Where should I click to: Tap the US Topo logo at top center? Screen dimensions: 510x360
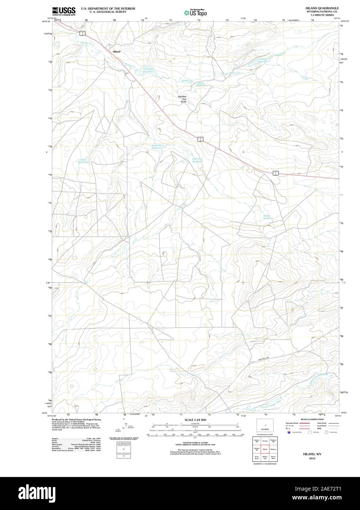(195, 12)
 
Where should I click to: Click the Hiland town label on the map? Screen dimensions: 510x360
(116, 52)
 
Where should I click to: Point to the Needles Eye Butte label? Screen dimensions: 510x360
(182, 99)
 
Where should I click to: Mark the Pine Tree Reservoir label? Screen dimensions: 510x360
(197, 160)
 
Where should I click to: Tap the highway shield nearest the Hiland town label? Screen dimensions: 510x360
(83, 33)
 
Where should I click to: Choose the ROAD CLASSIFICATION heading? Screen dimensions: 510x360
(312, 419)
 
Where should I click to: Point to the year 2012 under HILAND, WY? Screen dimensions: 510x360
(312, 459)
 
